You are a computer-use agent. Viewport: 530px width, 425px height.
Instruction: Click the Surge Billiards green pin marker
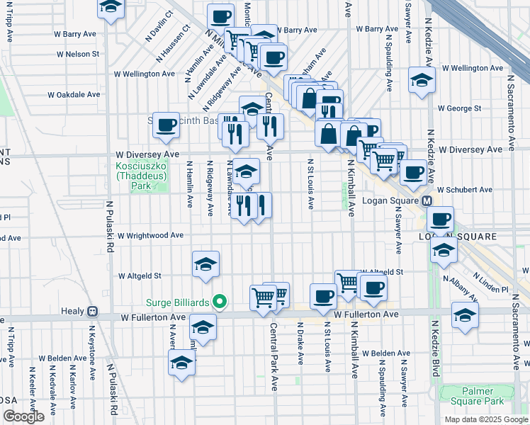click(220, 302)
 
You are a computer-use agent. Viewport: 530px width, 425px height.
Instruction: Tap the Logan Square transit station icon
click(427, 201)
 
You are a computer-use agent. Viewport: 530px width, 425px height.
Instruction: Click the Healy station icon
click(91, 311)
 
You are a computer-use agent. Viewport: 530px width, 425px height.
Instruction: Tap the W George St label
click(459, 109)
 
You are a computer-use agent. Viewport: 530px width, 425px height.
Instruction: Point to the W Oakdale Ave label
click(74, 94)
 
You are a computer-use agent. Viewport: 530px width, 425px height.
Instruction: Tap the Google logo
click(23, 416)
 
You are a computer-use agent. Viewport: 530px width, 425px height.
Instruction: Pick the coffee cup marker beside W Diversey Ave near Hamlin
click(166, 125)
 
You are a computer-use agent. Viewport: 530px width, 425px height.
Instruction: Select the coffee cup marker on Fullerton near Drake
click(323, 296)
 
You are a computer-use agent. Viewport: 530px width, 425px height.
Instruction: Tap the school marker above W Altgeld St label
click(205, 264)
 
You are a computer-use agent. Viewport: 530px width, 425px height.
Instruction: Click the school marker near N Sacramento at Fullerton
click(465, 315)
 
